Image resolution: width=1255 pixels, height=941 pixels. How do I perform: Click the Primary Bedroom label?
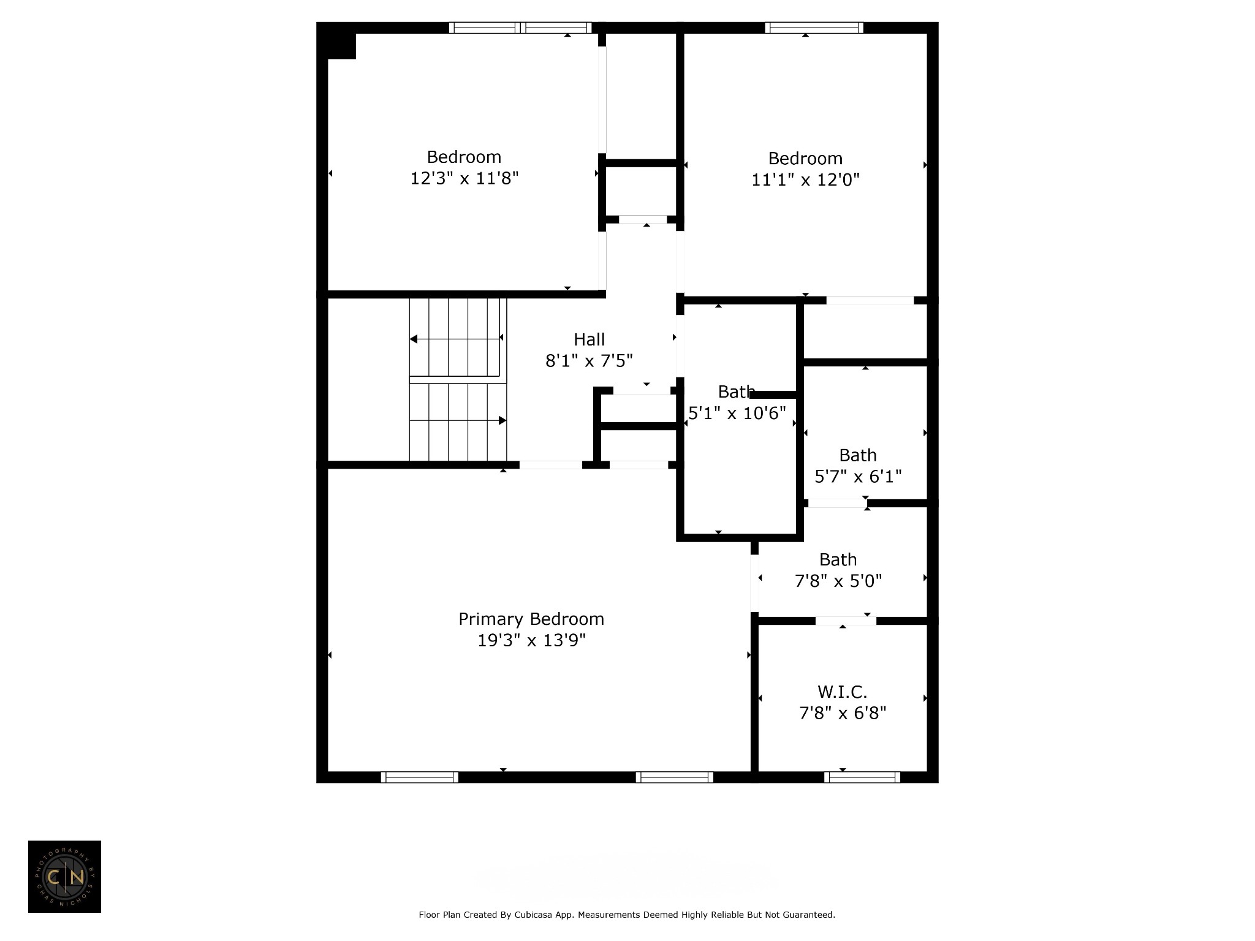[x=531, y=619]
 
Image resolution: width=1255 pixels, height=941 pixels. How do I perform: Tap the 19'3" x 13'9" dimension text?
[x=531, y=641]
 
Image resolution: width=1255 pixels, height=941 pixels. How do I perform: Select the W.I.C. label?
[x=843, y=692]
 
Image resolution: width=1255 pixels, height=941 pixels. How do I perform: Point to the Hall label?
[x=589, y=339]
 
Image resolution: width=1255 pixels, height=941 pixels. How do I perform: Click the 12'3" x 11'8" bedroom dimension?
[x=464, y=178]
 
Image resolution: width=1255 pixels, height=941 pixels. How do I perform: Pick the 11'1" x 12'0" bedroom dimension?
[x=805, y=180]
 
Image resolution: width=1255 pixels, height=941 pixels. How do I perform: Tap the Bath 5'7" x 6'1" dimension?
[x=858, y=477]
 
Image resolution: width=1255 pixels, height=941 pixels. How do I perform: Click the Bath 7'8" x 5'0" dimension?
[x=838, y=581]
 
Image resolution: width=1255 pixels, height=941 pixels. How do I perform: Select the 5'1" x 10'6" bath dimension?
[x=737, y=414]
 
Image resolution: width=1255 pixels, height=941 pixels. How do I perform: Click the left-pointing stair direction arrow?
[x=456, y=339]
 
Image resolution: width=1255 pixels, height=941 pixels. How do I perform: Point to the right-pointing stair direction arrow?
[x=458, y=420]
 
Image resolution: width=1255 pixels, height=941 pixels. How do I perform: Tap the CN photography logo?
[x=64, y=877]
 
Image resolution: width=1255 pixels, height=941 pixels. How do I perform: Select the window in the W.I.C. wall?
[x=862, y=777]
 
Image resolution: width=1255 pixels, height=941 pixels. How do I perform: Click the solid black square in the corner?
[x=341, y=46]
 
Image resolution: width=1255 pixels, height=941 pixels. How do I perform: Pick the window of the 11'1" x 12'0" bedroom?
[x=814, y=28]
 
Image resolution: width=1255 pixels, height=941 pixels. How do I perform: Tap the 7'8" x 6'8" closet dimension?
[x=843, y=714]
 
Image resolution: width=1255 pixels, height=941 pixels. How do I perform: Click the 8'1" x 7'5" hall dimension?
[x=589, y=361]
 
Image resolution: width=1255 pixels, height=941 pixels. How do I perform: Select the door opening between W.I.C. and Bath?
[x=846, y=621]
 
